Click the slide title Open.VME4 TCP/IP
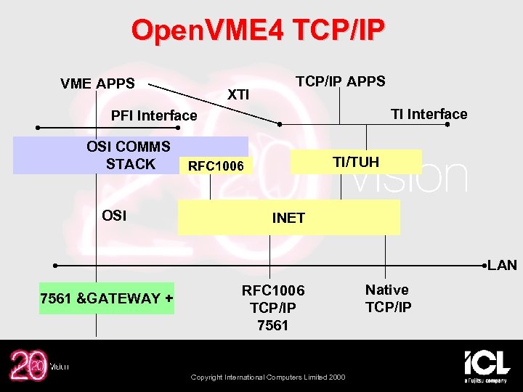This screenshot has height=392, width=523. tap(258, 30)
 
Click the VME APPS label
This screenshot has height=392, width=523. tap(97, 83)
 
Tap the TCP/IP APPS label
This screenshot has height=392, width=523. tap(340, 81)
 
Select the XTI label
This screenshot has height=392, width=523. tap(238, 94)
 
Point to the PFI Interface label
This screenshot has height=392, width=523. tap(154, 115)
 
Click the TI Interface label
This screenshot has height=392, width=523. tap(429, 113)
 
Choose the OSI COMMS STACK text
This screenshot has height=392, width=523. tap(129, 155)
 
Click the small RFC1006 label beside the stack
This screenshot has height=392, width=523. tap(216, 167)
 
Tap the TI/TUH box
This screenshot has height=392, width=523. tap(356, 161)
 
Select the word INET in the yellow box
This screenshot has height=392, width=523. tap(288, 218)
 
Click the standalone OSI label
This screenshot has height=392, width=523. tap(115, 216)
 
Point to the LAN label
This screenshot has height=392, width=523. tap(503, 265)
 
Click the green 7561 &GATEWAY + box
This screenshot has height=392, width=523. tap(107, 298)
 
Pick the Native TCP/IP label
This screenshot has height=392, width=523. tap(388, 298)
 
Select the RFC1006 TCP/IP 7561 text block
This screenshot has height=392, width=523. tap(273, 308)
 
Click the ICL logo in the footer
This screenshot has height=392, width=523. tap(487, 365)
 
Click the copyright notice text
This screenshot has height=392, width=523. tap(268, 377)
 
